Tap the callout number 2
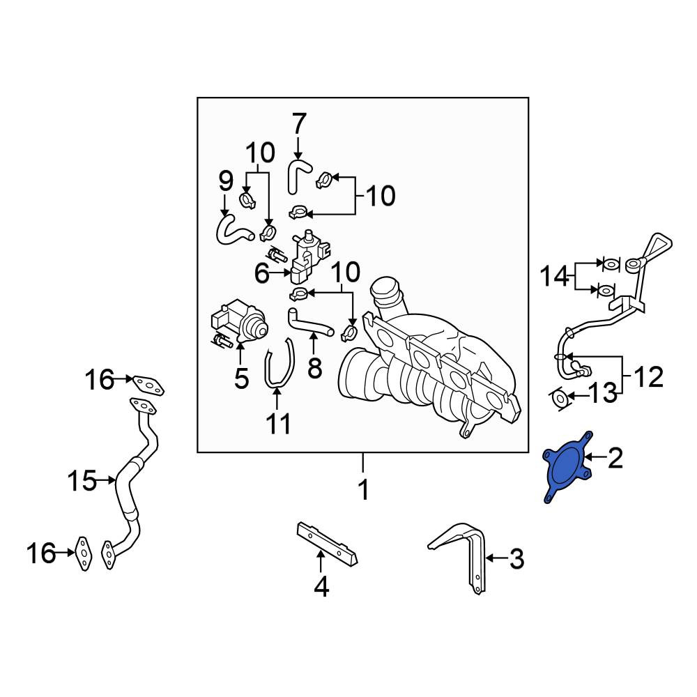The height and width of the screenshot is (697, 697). (615, 458)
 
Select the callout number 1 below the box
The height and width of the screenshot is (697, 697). (364, 489)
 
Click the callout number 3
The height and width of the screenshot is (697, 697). (516, 559)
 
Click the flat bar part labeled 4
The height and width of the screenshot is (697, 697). (327, 543)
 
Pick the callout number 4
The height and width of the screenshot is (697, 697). (321, 586)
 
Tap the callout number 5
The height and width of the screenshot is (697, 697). (241, 378)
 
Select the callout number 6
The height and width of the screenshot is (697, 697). (262, 273)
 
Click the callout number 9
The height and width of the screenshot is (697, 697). (226, 181)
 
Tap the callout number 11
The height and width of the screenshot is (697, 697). (279, 423)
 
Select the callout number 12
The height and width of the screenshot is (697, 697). (649, 377)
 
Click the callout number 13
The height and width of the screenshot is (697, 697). (603, 393)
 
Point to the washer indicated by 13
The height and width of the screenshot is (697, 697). (560, 398)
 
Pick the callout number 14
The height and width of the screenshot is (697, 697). (554, 276)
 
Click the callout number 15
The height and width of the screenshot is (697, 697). (82, 480)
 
